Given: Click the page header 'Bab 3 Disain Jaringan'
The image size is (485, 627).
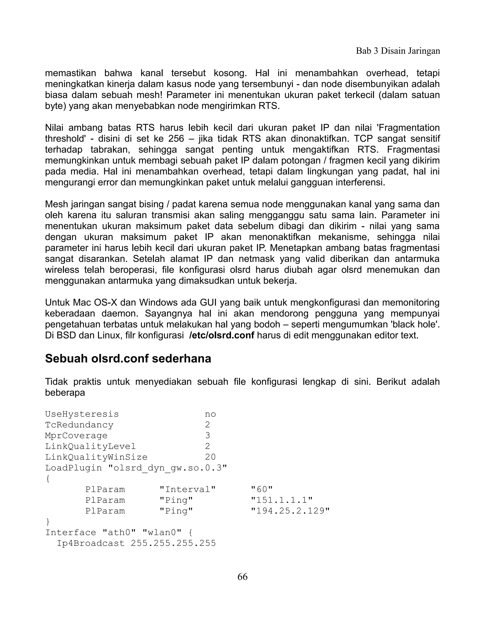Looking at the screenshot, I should click(398, 51).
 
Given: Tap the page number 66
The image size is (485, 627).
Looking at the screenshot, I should click(242, 576).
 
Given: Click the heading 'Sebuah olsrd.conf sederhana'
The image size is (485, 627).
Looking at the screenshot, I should click(128, 358).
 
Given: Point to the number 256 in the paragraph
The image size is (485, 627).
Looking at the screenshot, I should click(176, 139).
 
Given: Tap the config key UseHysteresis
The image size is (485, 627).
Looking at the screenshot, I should click(82, 414).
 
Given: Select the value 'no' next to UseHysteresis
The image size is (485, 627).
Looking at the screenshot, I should click(210, 414).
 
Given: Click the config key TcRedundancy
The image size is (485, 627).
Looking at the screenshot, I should click(79, 425).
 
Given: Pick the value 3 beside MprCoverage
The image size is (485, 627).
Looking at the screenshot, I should click(207, 436).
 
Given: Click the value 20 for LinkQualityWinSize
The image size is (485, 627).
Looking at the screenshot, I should click(210, 457).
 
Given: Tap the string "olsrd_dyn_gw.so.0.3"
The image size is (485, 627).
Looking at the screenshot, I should click(167, 468).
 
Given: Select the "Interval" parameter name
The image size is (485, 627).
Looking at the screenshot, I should click(188, 489).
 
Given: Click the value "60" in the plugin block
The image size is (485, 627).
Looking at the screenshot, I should click(261, 489).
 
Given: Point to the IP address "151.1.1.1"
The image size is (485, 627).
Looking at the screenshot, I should click(282, 500).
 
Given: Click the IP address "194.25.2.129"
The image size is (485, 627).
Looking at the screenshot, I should click(290, 511).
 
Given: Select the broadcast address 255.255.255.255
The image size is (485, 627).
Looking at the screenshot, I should click(173, 543).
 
